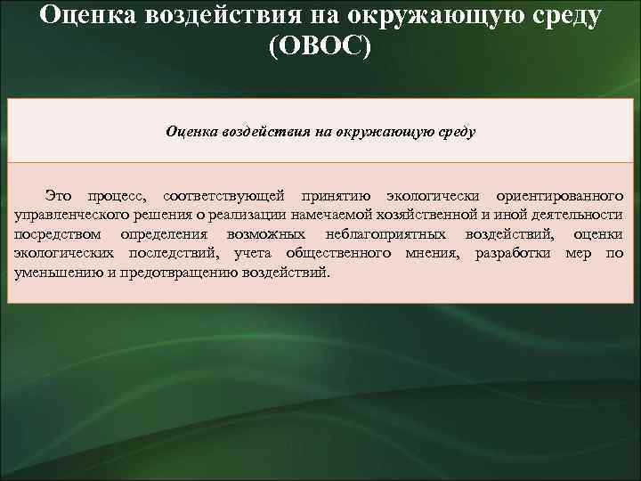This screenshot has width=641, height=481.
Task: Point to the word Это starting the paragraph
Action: (x=60, y=195)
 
